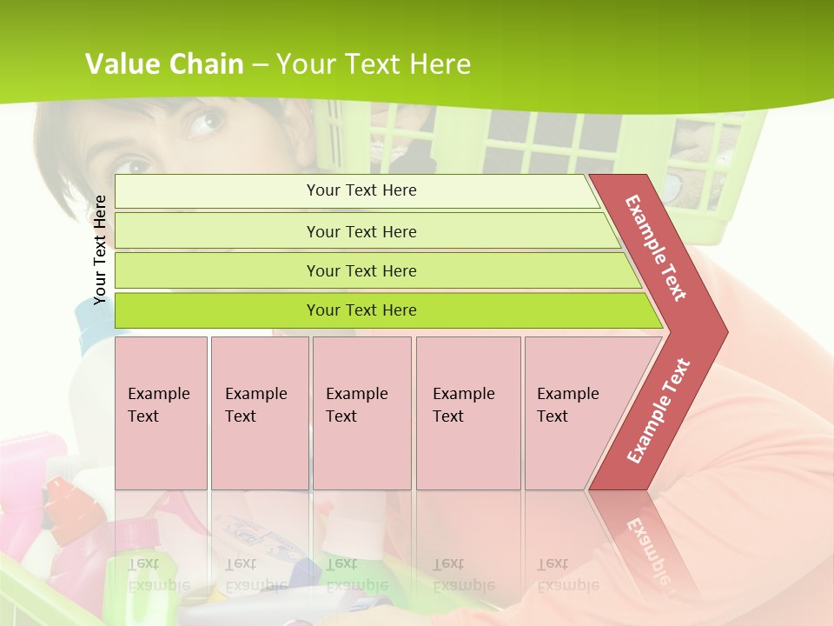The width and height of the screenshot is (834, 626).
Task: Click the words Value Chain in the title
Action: pos(164,64)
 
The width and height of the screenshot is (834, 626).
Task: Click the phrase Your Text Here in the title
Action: pos(374,64)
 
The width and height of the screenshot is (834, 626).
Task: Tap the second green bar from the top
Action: pos(361,231)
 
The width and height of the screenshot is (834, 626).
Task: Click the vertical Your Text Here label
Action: pos(100,250)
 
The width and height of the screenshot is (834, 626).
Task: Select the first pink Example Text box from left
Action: pos(161,412)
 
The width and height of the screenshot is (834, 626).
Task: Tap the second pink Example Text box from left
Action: pos(259,412)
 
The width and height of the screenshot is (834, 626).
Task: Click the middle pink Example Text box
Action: pos(361,412)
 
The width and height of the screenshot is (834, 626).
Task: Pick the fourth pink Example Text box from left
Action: pos(467,412)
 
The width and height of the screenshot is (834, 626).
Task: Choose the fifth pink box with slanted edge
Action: pos(578,412)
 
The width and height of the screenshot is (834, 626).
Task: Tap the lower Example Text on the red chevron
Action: pos(659,410)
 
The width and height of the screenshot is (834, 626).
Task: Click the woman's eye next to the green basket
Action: pos(206,123)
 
